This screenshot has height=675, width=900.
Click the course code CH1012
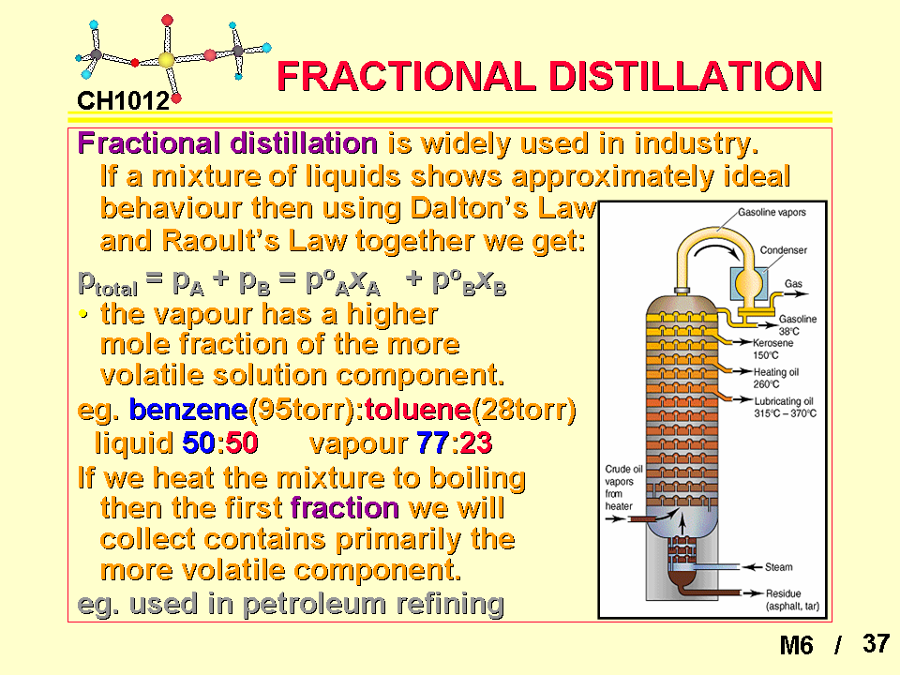[x=124, y=101]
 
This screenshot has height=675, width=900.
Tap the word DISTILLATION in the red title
[x=686, y=76]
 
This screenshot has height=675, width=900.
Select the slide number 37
[x=876, y=643]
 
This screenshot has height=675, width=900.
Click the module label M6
[x=796, y=645]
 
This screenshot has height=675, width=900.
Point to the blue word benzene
[x=188, y=410]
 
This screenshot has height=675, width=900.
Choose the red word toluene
[x=417, y=410]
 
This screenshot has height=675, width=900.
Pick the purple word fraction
[x=345, y=508]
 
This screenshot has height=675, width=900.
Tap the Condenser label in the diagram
[x=784, y=250]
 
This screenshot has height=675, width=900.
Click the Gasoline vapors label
[x=772, y=213]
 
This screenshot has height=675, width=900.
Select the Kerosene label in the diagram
[x=773, y=343]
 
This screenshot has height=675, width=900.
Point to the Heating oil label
[x=776, y=372]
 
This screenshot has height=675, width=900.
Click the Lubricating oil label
[x=784, y=401]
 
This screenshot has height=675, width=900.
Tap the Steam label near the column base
[x=778, y=567]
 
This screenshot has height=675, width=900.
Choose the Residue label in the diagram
[x=783, y=593]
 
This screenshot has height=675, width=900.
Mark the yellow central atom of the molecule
[x=166, y=60]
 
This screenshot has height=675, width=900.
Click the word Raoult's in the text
[x=220, y=241]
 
